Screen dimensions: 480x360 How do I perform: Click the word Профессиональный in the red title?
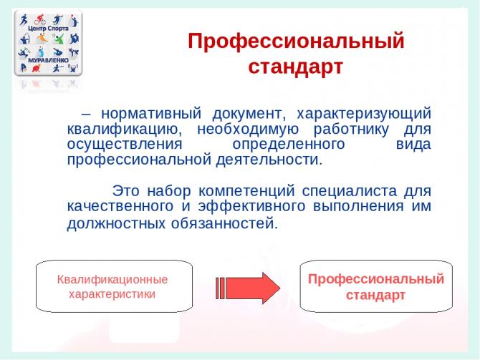(296, 42)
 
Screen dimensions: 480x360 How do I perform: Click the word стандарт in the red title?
(295, 67)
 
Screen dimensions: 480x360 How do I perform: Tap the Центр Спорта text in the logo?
(48, 29)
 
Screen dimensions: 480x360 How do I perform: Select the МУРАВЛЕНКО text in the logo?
(49, 60)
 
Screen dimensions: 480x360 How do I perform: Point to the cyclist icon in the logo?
(40, 20)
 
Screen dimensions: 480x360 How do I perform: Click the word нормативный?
(151, 114)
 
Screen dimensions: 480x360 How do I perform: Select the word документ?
(249, 114)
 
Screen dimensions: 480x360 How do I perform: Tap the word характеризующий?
(364, 114)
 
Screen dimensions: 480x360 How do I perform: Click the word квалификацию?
(125, 130)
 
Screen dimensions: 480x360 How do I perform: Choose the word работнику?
(351, 130)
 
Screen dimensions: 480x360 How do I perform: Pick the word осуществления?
(125, 145)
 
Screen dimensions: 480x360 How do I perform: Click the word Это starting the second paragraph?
(126, 191)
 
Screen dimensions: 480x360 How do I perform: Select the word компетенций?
(246, 192)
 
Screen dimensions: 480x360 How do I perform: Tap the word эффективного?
(251, 206)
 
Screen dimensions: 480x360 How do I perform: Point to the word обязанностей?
(224, 223)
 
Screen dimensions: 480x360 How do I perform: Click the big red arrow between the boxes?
(248, 288)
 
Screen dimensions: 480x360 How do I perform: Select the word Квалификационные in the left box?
(112, 280)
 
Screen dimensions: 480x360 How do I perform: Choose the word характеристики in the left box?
(112, 294)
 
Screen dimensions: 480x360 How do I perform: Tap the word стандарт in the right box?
(375, 296)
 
